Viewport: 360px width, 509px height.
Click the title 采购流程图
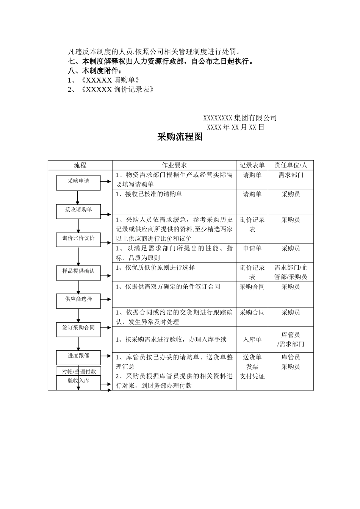pos(180,137)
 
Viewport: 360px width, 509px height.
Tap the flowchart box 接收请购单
pos(78,211)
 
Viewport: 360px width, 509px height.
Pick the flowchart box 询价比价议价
pos(78,239)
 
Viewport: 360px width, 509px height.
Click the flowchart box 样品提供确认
pos(78,272)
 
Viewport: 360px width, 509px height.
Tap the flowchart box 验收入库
pos(78,382)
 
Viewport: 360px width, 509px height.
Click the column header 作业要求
pos(174,166)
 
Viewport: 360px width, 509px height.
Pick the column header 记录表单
pos(252,166)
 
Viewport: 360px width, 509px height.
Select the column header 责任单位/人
pos(291,166)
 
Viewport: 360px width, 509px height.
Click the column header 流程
pos(80,166)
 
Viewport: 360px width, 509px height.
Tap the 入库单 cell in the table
pos(252,340)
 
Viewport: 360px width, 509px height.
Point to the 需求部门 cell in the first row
pos(291,175)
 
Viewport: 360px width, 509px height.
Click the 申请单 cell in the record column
pos(252,249)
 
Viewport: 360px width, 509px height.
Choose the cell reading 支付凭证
pos(252,376)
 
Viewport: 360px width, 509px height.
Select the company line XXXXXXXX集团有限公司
pos(240,118)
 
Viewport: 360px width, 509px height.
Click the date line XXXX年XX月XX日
pos(235,127)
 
